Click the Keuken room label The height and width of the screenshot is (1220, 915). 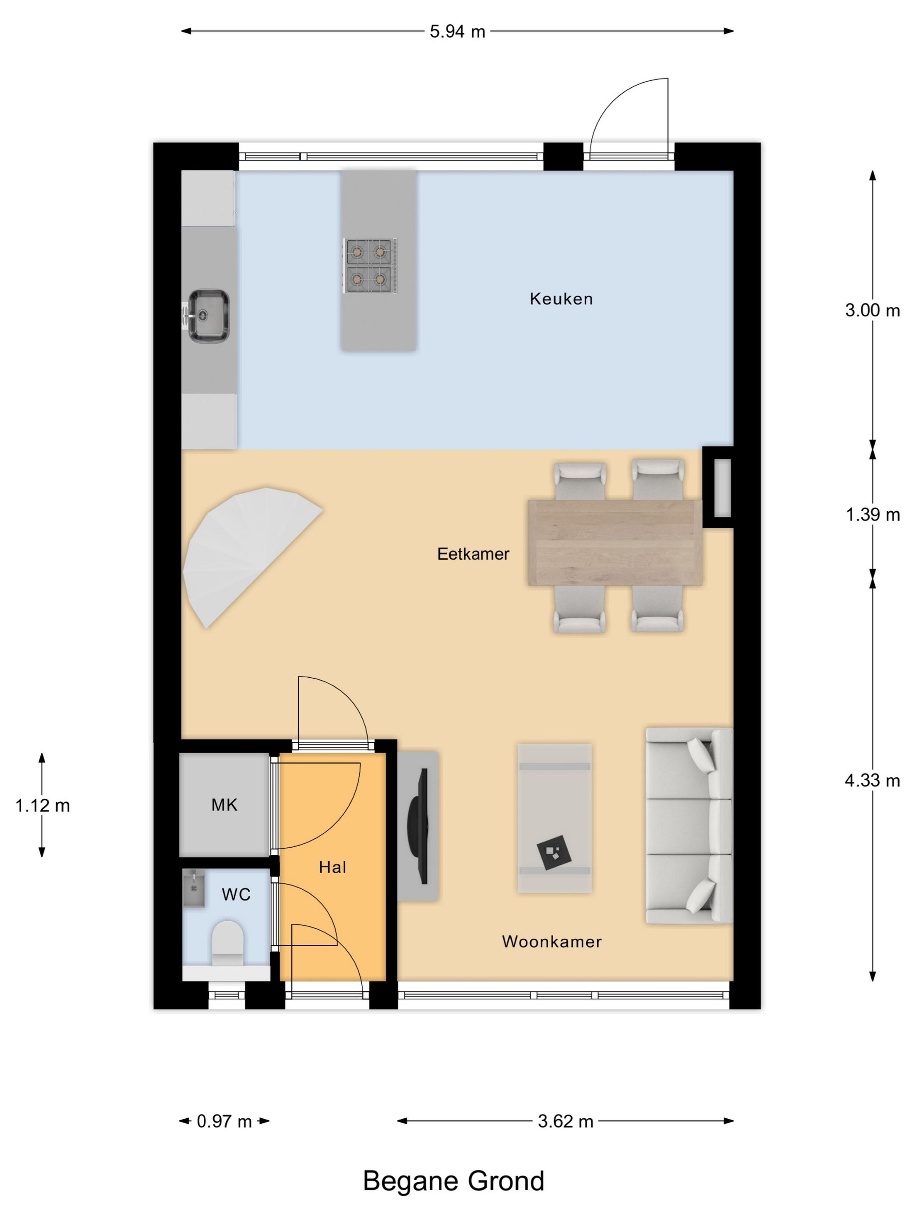point(561,299)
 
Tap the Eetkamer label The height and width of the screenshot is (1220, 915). point(473,554)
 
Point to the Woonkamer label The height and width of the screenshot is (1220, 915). point(552,941)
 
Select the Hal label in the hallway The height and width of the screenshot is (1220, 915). point(333,868)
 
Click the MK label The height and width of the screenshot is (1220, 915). point(225,805)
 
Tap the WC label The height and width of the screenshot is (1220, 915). point(236,895)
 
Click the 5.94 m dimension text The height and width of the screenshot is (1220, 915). point(457,31)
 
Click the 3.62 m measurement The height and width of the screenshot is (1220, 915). point(566,1121)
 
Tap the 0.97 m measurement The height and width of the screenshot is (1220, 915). point(225,1121)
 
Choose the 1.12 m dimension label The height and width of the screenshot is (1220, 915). point(42,806)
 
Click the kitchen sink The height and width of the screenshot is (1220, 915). point(208,316)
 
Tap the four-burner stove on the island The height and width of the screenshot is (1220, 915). point(369,266)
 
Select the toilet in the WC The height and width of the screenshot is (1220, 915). point(228,943)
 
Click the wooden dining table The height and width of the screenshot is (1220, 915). point(615,543)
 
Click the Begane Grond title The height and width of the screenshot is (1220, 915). point(453,1181)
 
